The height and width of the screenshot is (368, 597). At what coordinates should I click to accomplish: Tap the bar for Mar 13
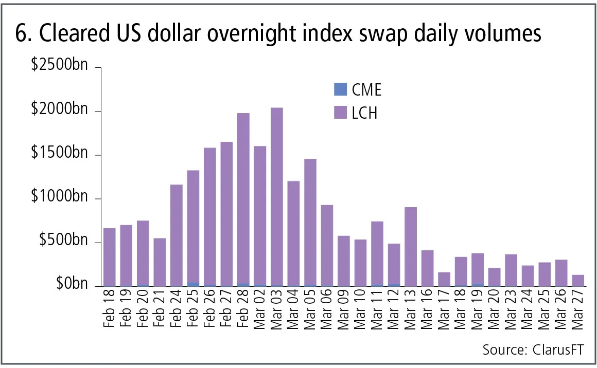point(410,247)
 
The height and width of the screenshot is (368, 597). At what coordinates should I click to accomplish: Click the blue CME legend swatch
point(341,89)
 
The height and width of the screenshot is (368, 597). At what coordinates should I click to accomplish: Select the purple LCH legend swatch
point(341,112)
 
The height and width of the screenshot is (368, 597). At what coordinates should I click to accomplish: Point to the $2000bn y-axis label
point(60,110)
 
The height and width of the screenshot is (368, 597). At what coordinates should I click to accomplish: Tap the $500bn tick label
point(63,241)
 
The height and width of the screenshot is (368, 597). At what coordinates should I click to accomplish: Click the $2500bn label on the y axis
point(60,66)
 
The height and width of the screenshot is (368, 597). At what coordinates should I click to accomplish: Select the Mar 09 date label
point(344,310)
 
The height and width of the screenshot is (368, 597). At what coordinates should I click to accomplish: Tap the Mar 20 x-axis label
point(478,310)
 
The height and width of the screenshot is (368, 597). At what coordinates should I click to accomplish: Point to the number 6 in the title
point(22,34)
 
